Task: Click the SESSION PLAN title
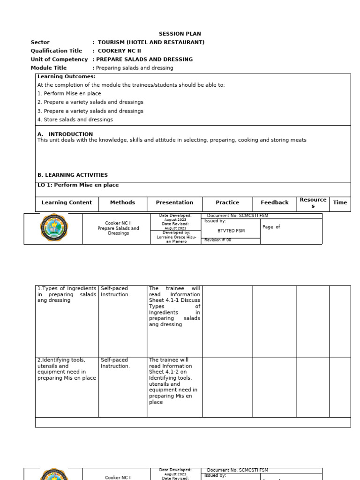[x=180, y=34]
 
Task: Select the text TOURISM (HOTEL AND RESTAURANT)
[x=151, y=42]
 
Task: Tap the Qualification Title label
[x=56, y=51]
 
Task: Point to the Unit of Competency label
[x=59, y=60]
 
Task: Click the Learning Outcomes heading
[x=66, y=76]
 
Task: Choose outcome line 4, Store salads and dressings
[x=75, y=120]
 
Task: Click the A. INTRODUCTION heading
[x=65, y=134]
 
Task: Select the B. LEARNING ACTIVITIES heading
[x=72, y=175]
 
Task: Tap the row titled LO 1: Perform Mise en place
[x=78, y=185]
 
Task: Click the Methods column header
[x=122, y=202]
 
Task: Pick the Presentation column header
[x=174, y=202]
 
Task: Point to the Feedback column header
[x=274, y=202]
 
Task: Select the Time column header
[x=340, y=202]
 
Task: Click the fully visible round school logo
[x=53, y=229]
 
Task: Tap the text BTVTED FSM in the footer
[x=231, y=231]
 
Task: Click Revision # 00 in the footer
[x=218, y=240]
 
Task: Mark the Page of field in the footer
[x=271, y=227]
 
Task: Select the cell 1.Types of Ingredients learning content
[x=67, y=294]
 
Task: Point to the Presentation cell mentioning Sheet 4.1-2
[x=174, y=381]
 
